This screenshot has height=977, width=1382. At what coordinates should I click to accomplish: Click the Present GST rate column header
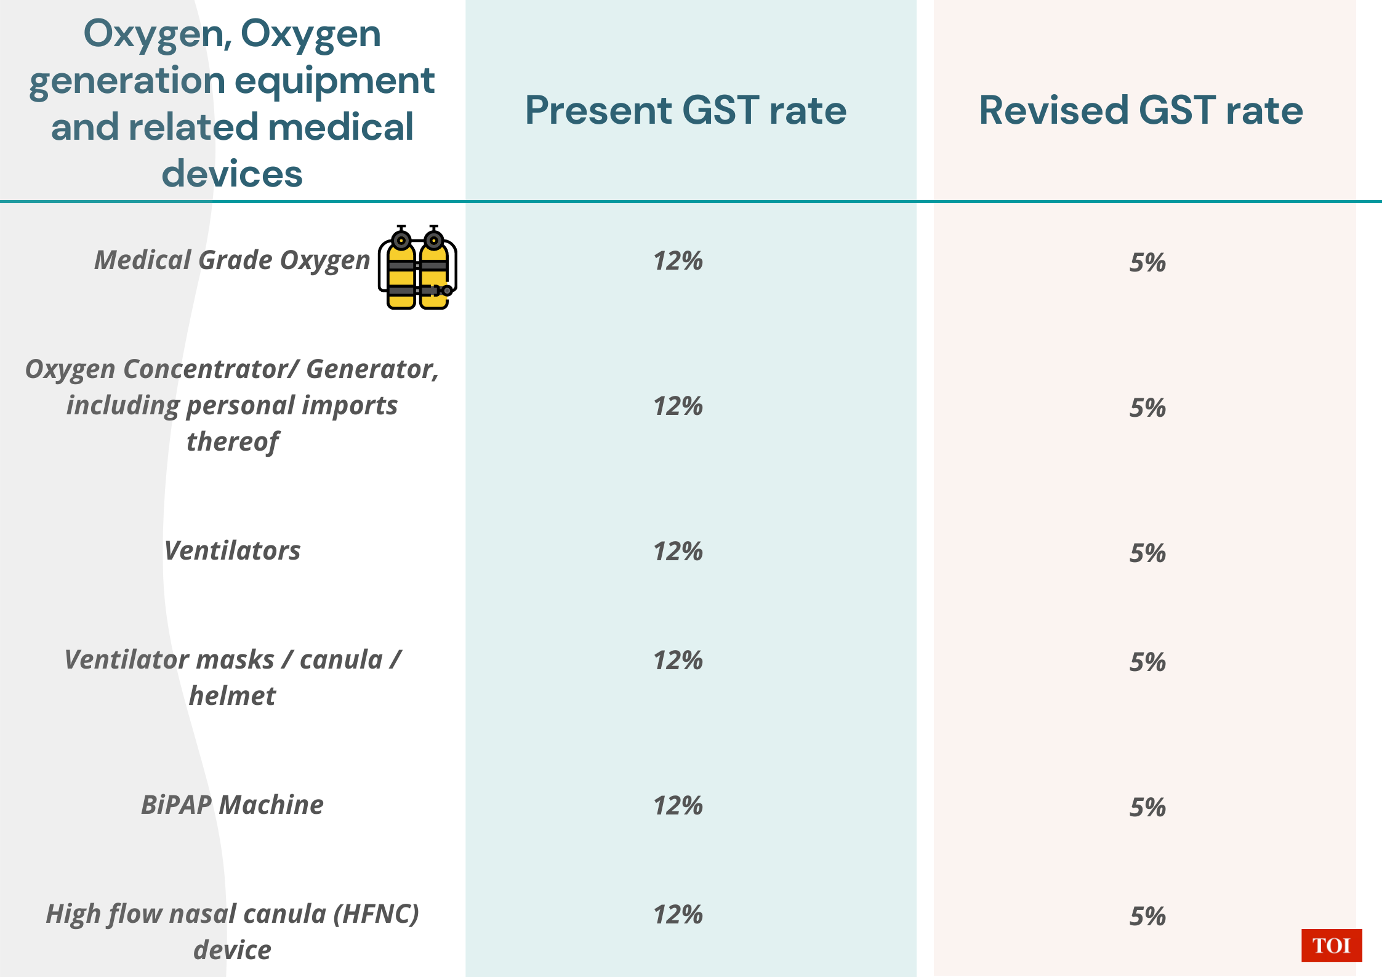coord(685,110)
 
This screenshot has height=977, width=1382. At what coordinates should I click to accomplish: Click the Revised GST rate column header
coord(1141,110)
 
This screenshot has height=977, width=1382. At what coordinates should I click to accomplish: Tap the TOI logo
coord(1331,945)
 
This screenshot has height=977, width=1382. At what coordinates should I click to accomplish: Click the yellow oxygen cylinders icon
coord(417,268)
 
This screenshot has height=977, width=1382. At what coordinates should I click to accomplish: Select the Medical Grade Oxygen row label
coord(232,260)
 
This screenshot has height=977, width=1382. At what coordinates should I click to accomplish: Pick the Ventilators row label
coord(232,551)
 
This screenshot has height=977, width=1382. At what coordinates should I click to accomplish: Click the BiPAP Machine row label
coord(232,805)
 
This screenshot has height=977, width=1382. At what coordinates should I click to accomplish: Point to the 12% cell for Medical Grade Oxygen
coord(678,261)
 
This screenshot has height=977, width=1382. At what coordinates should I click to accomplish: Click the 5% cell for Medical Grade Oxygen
coord(1147,263)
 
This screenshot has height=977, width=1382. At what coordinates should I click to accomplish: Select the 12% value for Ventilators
coord(678,552)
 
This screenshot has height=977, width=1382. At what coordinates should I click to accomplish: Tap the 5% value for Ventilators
coord(1147,553)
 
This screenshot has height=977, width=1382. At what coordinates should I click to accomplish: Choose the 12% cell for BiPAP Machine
coord(678,806)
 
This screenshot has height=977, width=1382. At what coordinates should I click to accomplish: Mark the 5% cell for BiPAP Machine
coord(1147,808)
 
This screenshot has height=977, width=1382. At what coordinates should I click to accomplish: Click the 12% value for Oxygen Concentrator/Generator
coord(678,406)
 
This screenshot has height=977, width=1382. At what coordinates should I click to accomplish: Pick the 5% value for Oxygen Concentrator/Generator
coord(1147,408)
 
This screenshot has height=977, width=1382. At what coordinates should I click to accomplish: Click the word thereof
coord(232,442)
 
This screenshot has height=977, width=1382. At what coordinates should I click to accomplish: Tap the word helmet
coord(232,696)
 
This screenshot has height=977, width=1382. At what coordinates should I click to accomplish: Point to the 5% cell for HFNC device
coord(1147,917)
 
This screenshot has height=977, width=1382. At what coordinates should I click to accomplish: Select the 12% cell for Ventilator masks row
coord(678,661)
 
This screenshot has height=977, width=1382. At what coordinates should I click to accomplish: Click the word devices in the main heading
coord(232,174)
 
